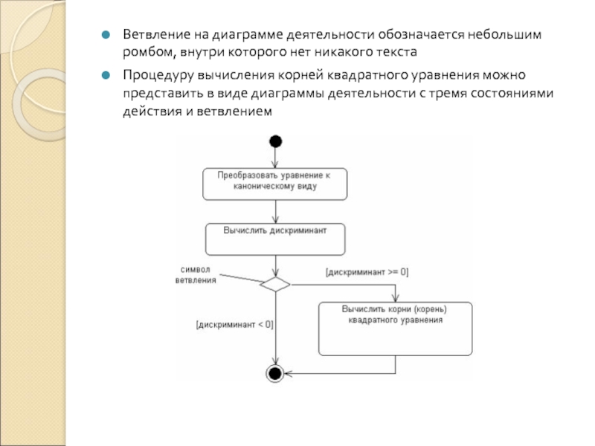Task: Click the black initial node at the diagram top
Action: (276, 141)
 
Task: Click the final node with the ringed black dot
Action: (275, 373)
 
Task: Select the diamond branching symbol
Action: (275, 283)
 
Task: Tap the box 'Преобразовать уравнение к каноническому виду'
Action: (275, 183)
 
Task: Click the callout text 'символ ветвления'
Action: (196, 274)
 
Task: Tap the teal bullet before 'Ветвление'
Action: (106, 36)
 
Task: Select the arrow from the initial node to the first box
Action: (276, 157)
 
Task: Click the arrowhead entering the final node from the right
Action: (289, 373)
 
